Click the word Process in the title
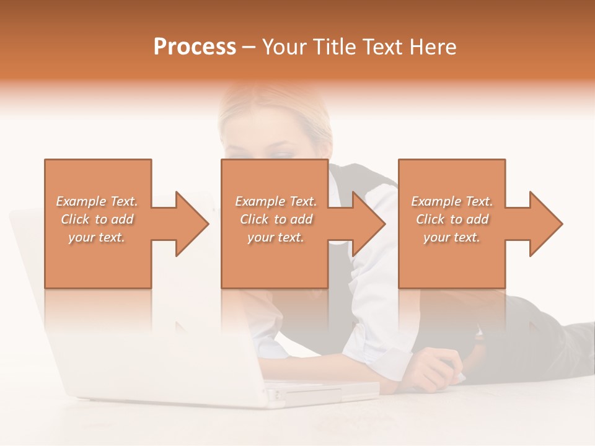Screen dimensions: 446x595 pyautogui.click(x=195, y=47)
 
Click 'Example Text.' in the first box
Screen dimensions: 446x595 pyautogui.click(x=97, y=201)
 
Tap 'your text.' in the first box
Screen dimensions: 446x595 pyautogui.click(x=97, y=237)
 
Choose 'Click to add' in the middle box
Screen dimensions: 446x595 pyautogui.click(x=276, y=219)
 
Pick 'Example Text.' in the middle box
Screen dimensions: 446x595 pyautogui.click(x=276, y=201)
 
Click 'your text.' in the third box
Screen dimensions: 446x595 pyautogui.click(x=452, y=237)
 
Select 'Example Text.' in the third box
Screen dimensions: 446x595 pyautogui.click(x=452, y=201)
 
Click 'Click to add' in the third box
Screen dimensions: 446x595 pyautogui.click(x=452, y=219)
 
